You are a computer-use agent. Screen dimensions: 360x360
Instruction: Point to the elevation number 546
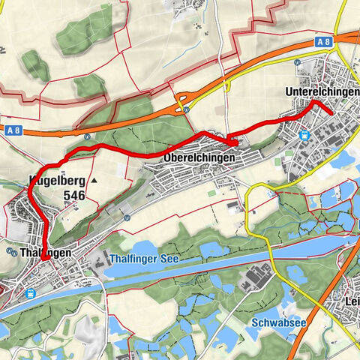[74, 195]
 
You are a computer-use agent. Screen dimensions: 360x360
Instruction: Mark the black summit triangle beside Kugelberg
[94, 181]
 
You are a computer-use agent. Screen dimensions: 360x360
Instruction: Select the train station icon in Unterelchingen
[304, 135]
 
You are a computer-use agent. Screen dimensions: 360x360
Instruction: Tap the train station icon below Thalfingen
[30, 293]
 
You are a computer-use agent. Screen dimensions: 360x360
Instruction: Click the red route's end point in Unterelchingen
[331, 112]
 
